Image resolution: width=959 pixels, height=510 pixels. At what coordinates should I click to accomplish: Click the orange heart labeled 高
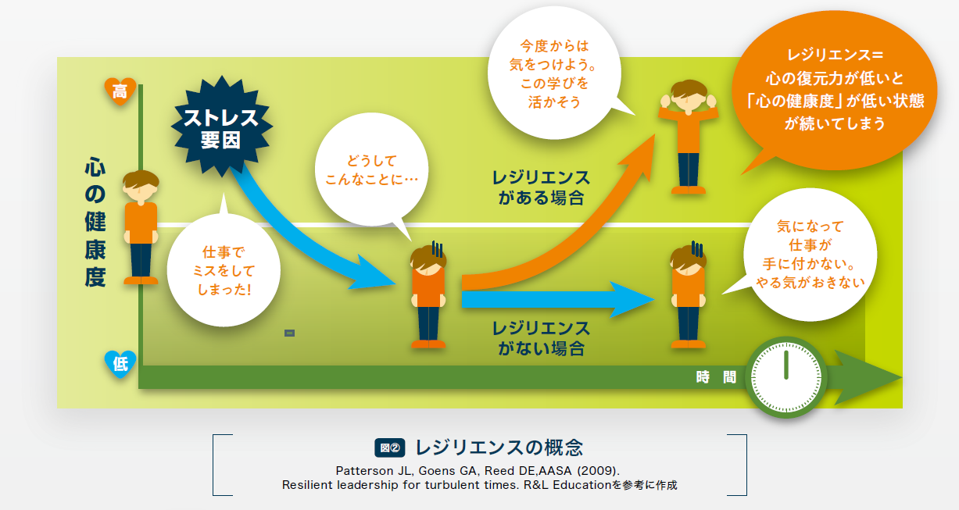tap(120, 91)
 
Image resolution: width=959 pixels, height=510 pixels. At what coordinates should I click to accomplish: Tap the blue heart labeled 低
tap(120, 364)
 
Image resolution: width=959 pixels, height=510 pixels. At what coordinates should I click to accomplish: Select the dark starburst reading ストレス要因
tap(221, 127)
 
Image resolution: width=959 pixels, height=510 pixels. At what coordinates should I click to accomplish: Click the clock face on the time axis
tap(786, 377)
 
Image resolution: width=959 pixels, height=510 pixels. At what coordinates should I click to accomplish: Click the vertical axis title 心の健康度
tap(95, 222)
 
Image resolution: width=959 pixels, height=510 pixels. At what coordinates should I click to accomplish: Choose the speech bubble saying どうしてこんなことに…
tap(371, 170)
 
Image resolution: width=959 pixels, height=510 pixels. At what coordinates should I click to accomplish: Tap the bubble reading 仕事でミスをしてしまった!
tap(224, 269)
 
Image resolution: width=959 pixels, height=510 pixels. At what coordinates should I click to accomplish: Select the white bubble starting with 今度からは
tap(554, 73)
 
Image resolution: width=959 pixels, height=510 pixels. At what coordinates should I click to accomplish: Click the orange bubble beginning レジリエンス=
tap(835, 90)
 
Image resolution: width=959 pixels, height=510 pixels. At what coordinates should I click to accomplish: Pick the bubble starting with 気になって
tap(809, 255)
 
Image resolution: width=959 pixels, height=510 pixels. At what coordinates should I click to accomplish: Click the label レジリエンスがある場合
tap(541, 187)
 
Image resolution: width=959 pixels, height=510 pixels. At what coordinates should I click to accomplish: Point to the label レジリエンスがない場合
tap(541, 338)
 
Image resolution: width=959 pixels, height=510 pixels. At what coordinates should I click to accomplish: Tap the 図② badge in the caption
tap(389, 448)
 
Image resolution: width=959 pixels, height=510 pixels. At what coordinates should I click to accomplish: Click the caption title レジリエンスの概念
tap(499, 448)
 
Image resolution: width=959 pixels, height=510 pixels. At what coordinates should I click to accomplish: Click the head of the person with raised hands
tap(689, 96)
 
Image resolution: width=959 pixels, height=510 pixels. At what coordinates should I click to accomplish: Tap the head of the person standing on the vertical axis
tap(141, 186)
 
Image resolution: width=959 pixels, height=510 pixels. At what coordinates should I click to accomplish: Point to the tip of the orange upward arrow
tap(655, 134)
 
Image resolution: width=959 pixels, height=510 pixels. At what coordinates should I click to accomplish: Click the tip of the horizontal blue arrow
tap(655, 299)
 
